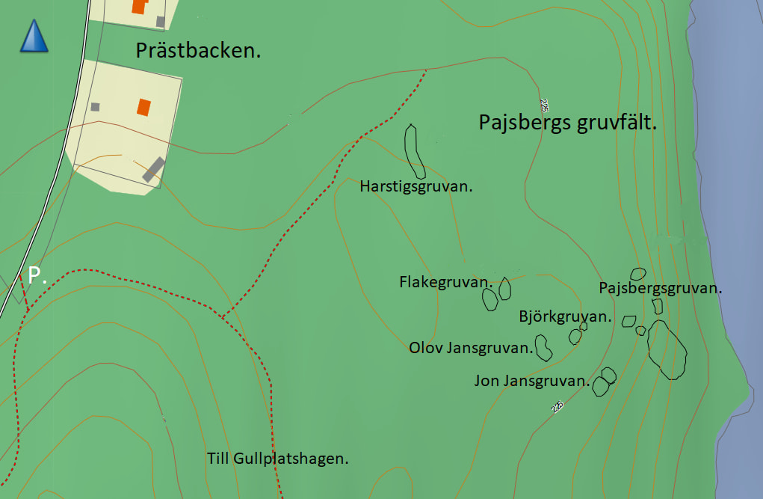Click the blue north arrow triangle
click(34, 37)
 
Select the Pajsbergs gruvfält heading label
click(567, 123)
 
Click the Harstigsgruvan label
click(416, 186)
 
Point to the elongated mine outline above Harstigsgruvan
click(413, 150)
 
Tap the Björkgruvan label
click(565, 317)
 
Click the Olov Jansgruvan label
click(471, 348)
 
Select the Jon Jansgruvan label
click(531, 382)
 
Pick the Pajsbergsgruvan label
click(661, 288)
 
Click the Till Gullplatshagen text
click(278, 459)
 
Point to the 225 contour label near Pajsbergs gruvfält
click(544, 105)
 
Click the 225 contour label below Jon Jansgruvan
click(557, 406)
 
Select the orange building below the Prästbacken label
click(143, 107)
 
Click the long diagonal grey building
click(153, 169)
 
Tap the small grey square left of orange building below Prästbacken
click(95, 107)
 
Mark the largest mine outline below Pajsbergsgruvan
click(667, 349)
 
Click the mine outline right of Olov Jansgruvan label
click(543, 347)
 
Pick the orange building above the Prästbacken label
click(138, 6)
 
